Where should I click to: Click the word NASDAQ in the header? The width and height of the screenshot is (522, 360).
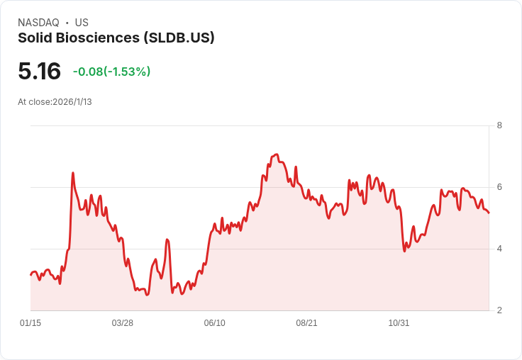pyautogui.click(x=38, y=23)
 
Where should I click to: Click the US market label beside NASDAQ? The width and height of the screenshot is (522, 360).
pyautogui.click(x=82, y=23)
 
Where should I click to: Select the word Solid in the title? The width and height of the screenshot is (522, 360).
pyautogui.click(x=35, y=38)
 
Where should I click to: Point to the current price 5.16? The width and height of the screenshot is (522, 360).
pyautogui.click(x=39, y=72)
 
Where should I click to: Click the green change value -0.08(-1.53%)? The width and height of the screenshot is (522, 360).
pyautogui.click(x=111, y=72)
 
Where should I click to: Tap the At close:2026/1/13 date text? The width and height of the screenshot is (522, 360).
pyautogui.click(x=55, y=102)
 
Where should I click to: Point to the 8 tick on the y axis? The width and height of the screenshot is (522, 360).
pyautogui.click(x=499, y=125)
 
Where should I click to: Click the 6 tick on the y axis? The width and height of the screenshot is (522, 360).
pyautogui.click(x=499, y=187)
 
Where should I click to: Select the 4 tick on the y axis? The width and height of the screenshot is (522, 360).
pyautogui.click(x=499, y=249)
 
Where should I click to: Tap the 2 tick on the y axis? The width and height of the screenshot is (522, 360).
pyautogui.click(x=499, y=310)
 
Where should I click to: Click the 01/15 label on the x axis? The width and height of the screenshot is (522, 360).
pyautogui.click(x=30, y=323)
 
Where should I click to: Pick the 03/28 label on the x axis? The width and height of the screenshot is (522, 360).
pyautogui.click(x=123, y=323)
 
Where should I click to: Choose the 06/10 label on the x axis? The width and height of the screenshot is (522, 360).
pyautogui.click(x=214, y=323)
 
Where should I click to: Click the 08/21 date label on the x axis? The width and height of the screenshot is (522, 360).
pyautogui.click(x=306, y=323)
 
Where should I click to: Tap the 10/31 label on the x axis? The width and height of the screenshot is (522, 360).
pyautogui.click(x=399, y=323)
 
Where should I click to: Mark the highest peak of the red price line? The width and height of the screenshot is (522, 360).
pyautogui.click(x=277, y=154)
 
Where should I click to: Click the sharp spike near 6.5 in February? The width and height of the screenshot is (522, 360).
pyautogui.click(x=72, y=173)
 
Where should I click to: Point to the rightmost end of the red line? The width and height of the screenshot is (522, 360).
pyautogui.click(x=489, y=213)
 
